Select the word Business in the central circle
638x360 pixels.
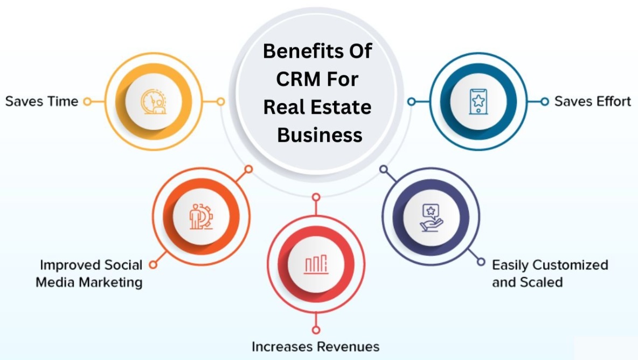[319, 135]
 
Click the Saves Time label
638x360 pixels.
[41, 101]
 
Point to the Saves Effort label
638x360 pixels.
[592, 101]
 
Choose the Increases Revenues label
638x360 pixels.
[316, 345]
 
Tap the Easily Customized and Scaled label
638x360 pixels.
[550, 273]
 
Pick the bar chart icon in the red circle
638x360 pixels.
[316, 264]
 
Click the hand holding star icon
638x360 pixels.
[431, 217]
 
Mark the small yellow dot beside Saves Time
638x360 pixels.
[87, 101]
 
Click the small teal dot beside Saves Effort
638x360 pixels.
[544, 101]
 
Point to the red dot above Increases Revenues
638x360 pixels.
[316, 330]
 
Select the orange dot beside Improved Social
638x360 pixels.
[153, 265]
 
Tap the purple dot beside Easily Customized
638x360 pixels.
[481, 262]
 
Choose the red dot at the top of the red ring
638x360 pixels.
[316, 197]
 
